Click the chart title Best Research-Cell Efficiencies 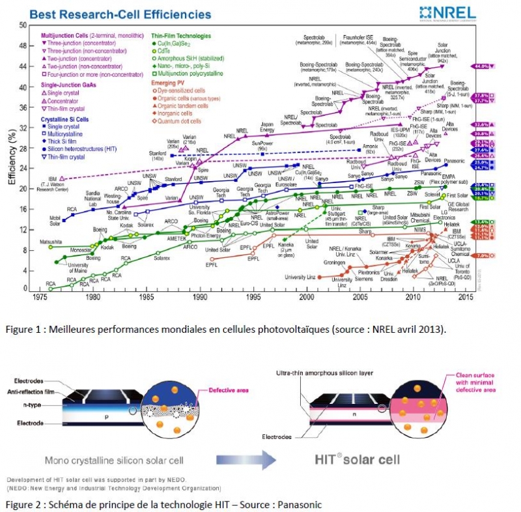click(x=121, y=14)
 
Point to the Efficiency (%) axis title click(x=11, y=157)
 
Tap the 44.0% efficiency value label click(x=481, y=66)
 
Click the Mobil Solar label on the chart click(x=60, y=221)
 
